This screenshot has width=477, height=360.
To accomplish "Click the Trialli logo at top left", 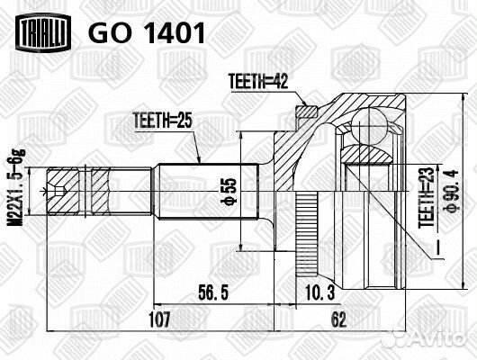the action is click(43, 31).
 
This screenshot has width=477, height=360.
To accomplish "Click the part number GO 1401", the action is click(147, 33).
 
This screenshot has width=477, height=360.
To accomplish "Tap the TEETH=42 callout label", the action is click(258, 81).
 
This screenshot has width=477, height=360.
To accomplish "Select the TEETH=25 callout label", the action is click(163, 121).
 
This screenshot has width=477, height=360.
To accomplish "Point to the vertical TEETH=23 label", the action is click(426, 197).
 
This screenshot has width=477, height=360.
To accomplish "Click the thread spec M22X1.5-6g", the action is click(16, 188).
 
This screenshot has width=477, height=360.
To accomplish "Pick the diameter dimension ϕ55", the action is click(230, 192).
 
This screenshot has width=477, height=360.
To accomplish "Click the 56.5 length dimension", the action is click(213, 292).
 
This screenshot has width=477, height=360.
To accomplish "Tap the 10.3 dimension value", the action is click(319, 292).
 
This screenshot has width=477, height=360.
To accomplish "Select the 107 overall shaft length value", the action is click(159, 319).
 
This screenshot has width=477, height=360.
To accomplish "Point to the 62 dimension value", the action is click(338, 319).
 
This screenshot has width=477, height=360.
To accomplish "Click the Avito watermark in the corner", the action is click(426, 337).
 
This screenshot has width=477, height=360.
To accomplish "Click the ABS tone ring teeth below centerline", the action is click(307, 234).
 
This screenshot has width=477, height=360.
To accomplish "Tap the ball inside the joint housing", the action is click(368, 126).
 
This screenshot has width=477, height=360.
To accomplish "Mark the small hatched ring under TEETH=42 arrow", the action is click(307, 112).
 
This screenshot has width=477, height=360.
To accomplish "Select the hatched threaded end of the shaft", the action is click(78, 191).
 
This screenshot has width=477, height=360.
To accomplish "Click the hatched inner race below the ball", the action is click(367, 154).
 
